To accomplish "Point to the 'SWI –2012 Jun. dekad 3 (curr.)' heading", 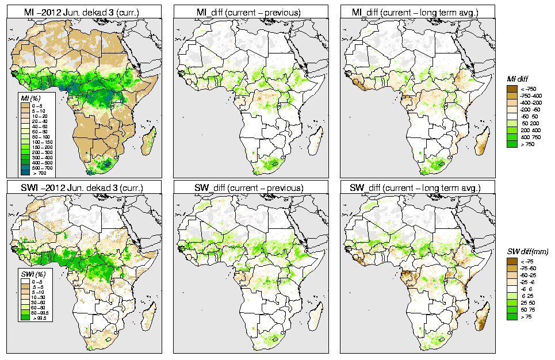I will (85, 188).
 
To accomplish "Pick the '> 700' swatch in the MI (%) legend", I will (25, 173).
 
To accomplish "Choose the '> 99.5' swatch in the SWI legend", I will (25, 317).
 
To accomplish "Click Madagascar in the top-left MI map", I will (151, 140).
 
